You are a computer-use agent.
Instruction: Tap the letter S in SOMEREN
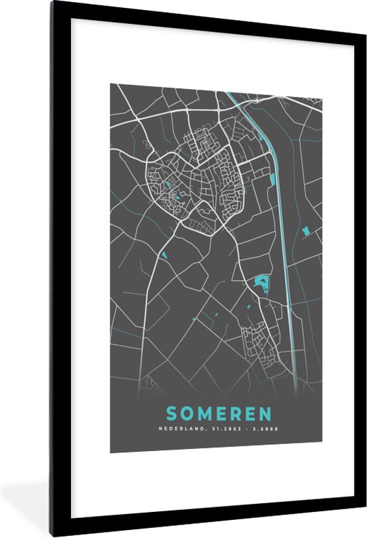(x=172, y=414)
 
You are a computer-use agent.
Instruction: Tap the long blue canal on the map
(x=282, y=221)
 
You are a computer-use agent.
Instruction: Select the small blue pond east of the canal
(x=306, y=231)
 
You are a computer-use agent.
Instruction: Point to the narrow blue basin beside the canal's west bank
(x=272, y=179)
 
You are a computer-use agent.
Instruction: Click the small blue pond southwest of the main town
(x=163, y=255)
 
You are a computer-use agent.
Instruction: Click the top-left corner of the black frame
(x=52, y=3)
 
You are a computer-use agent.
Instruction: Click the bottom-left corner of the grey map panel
(x=111, y=452)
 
